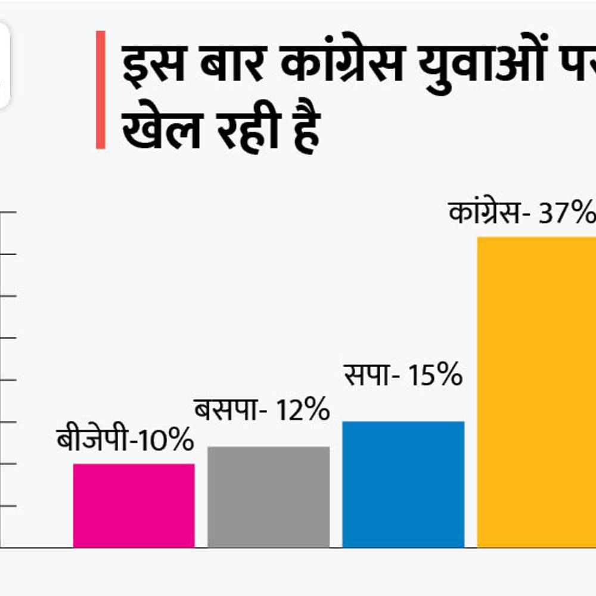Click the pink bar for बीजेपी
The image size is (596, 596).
134,505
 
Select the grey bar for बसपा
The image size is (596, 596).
268,497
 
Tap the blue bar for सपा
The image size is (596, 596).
403,484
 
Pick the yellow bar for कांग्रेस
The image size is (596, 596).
536,392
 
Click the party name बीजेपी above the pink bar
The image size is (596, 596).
92,441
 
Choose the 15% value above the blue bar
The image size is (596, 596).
435,376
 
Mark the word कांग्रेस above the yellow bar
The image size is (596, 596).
485,213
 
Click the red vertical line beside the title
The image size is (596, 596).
101,89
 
